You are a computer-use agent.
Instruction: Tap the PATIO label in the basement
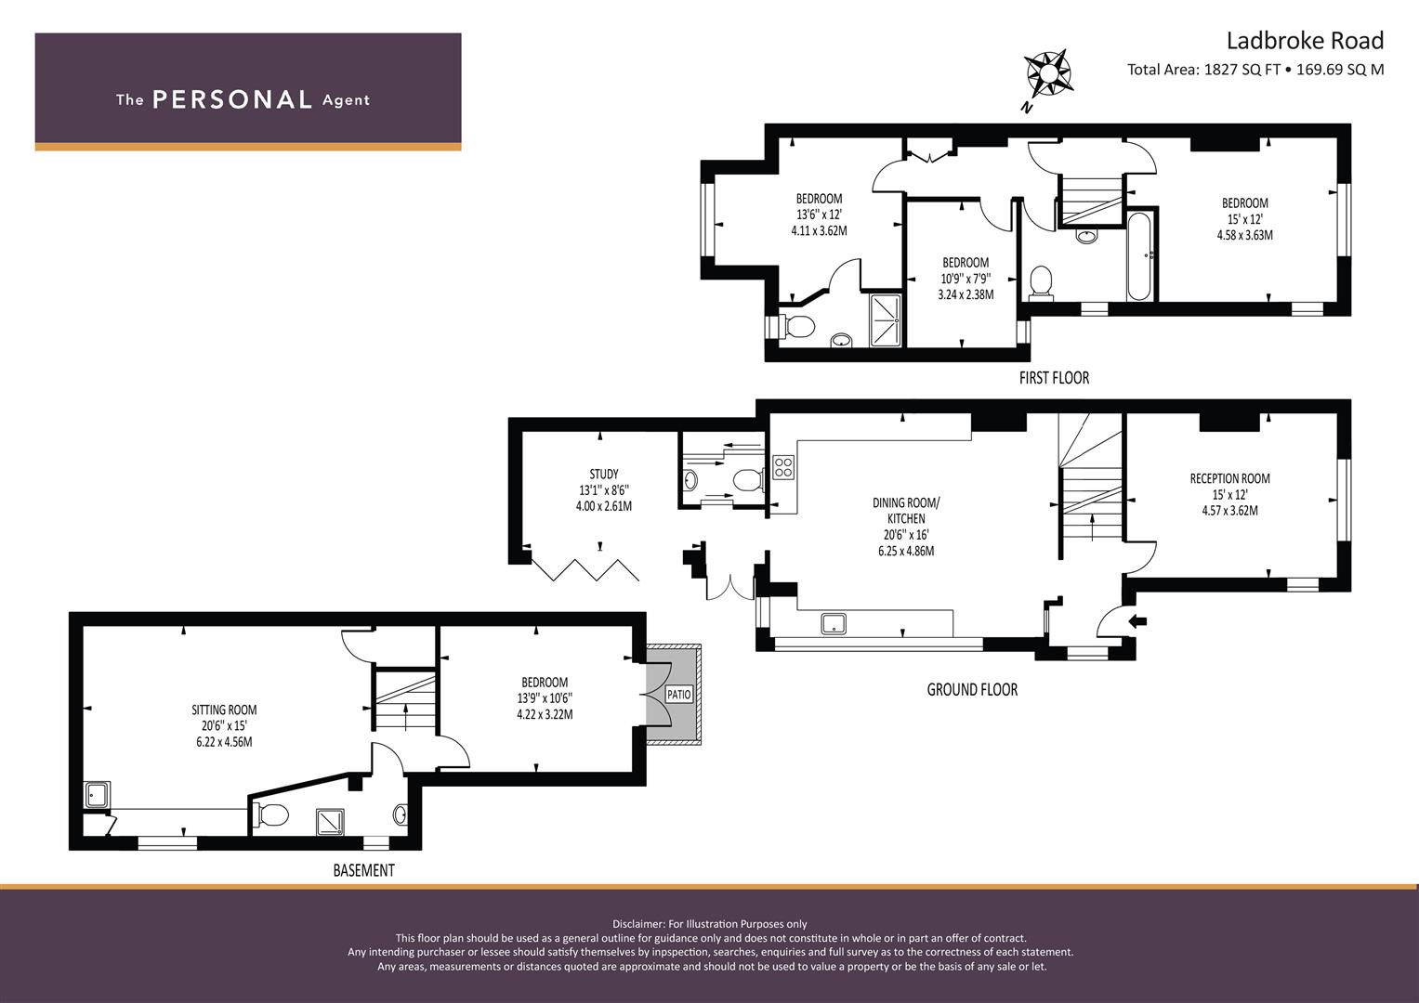coord(679,695)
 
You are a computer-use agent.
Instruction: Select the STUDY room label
coord(603,474)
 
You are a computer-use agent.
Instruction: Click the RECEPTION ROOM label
coord(1229,478)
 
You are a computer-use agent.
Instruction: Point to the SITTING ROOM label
coord(224,710)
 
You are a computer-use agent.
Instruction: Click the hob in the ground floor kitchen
coord(783,466)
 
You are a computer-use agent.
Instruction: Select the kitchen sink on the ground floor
coord(834,623)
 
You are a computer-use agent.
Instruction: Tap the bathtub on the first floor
coord(1139,255)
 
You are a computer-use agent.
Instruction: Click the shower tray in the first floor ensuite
coord(886,320)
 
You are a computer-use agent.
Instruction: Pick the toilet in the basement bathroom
coord(272,815)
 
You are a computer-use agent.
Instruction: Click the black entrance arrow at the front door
coord(1137,620)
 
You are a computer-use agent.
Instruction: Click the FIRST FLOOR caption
coord(1054,378)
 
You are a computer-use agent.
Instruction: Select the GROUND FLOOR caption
coord(972,690)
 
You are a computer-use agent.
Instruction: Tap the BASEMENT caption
coord(363,870)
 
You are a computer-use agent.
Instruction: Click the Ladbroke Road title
coord(1305,41)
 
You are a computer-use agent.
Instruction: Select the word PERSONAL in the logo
coord(231,99)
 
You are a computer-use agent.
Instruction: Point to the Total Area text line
coord(1255,69)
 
